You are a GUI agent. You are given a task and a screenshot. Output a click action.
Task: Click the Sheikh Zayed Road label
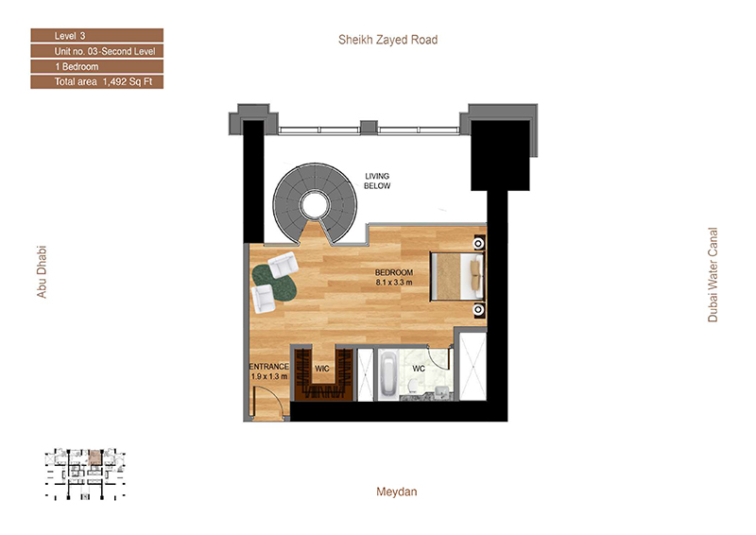pos(387,40)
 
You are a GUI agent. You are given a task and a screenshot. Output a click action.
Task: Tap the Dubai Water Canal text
pos(713,274)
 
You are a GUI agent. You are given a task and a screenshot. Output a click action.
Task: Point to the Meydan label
pos(396,492)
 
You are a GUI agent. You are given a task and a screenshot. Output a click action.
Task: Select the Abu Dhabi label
pos(42,272)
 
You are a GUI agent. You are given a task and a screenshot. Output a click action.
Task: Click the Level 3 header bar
pos(97,36)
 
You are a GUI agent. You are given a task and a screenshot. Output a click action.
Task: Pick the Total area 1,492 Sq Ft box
pos(97,82)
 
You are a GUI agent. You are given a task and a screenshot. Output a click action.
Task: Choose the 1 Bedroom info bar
pos(97,66)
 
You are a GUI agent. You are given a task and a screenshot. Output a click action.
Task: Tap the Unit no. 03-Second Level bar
pos(97,51)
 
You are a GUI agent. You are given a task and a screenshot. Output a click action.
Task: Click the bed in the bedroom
pos(457,276)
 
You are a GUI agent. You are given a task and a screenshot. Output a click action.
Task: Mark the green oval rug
pos(273,281)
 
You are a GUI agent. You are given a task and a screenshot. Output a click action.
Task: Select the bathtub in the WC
pos(388,374)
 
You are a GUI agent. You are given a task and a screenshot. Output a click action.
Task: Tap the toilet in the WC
pos(413,386)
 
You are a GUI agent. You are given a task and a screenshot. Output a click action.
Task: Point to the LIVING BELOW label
pos(377,181)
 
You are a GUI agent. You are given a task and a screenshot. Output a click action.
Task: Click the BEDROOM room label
pos(394,272)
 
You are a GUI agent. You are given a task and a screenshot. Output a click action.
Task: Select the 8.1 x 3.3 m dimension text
pos(394,283)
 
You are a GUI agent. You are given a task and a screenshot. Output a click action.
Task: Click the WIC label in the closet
pos(322,369)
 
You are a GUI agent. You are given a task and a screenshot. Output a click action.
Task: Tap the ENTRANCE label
pos(269,367)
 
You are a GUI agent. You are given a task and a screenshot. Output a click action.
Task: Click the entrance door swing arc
pos(276,394)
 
